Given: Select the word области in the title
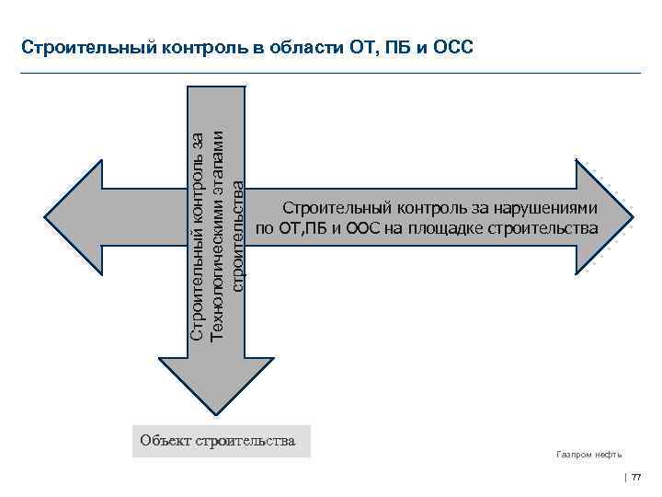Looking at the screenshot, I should point(303,46).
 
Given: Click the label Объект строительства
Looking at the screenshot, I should point(218,441).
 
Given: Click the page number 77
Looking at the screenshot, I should point(636,476).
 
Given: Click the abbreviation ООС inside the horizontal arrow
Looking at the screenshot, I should point(365,228).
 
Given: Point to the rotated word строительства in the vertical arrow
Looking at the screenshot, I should point(238,236).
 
